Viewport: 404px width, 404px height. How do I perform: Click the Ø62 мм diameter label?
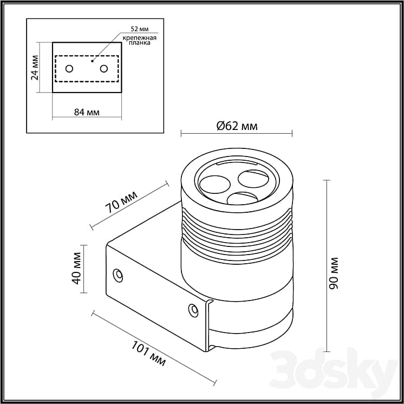pos(237,126)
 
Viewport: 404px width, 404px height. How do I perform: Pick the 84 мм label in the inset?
pos(87,112)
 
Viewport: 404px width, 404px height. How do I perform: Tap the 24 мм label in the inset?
pos(35,68)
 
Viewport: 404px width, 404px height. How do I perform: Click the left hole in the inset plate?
pos(69,68)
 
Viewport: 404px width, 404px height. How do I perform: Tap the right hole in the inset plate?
pos(103,68)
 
